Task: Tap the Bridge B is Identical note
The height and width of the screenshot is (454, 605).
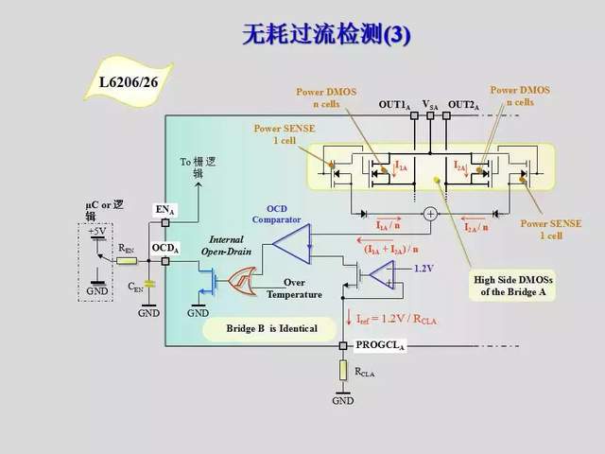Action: (271, 328)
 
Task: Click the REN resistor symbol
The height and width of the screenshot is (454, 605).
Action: (126, 258)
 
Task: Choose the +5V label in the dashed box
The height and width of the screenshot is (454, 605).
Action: (97, 230)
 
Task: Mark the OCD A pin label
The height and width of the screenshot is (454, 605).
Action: (165, 247)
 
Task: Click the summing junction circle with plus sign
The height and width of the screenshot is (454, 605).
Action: (430, 214)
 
